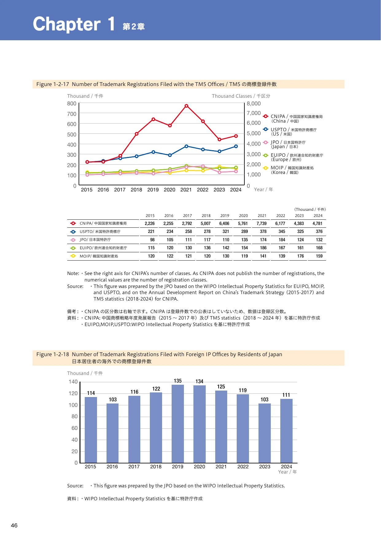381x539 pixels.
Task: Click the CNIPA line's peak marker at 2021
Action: [186, 106]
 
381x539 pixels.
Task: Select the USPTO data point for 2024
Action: [236, 146]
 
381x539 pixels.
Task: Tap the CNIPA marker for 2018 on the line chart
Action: [137, 134]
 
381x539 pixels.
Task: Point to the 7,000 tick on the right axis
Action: [254, 113]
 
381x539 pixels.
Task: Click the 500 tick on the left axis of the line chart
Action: [72, 135]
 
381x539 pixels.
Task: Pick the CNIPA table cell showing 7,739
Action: [262, 223]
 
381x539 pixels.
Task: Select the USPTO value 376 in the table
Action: [319, 231]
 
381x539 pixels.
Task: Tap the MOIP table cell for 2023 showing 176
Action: [301, 256]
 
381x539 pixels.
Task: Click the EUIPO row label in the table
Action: [103, 248]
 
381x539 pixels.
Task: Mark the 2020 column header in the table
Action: [243, 216]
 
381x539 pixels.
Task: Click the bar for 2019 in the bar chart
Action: [178, 424]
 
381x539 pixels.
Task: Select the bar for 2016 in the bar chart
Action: [112, 433]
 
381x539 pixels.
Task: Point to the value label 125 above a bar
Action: [221, 387]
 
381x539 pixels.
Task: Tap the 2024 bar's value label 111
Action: [286, 395]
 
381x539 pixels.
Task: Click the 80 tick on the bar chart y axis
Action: [75, 416]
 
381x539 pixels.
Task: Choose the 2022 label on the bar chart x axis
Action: [243, 466]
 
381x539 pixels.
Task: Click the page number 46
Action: [14, 525]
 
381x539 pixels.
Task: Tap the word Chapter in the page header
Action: [67, 24]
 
